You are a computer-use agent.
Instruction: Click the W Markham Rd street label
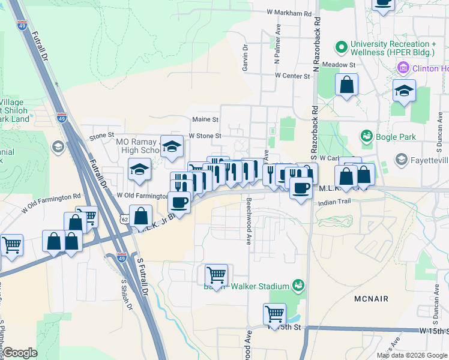coord(289,13)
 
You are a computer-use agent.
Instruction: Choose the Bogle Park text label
coord(396,137)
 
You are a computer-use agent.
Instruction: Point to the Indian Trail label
coord(336,203)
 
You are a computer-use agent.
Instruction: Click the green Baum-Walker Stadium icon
coord(296,284)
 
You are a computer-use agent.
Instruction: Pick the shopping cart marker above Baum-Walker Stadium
coord(216,275)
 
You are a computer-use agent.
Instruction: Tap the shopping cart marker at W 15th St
coord(274,314)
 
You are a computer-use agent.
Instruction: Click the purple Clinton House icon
coord(402,68)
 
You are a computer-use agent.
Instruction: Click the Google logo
coord(20,353)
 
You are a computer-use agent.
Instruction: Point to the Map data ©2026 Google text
coord(412,355)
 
